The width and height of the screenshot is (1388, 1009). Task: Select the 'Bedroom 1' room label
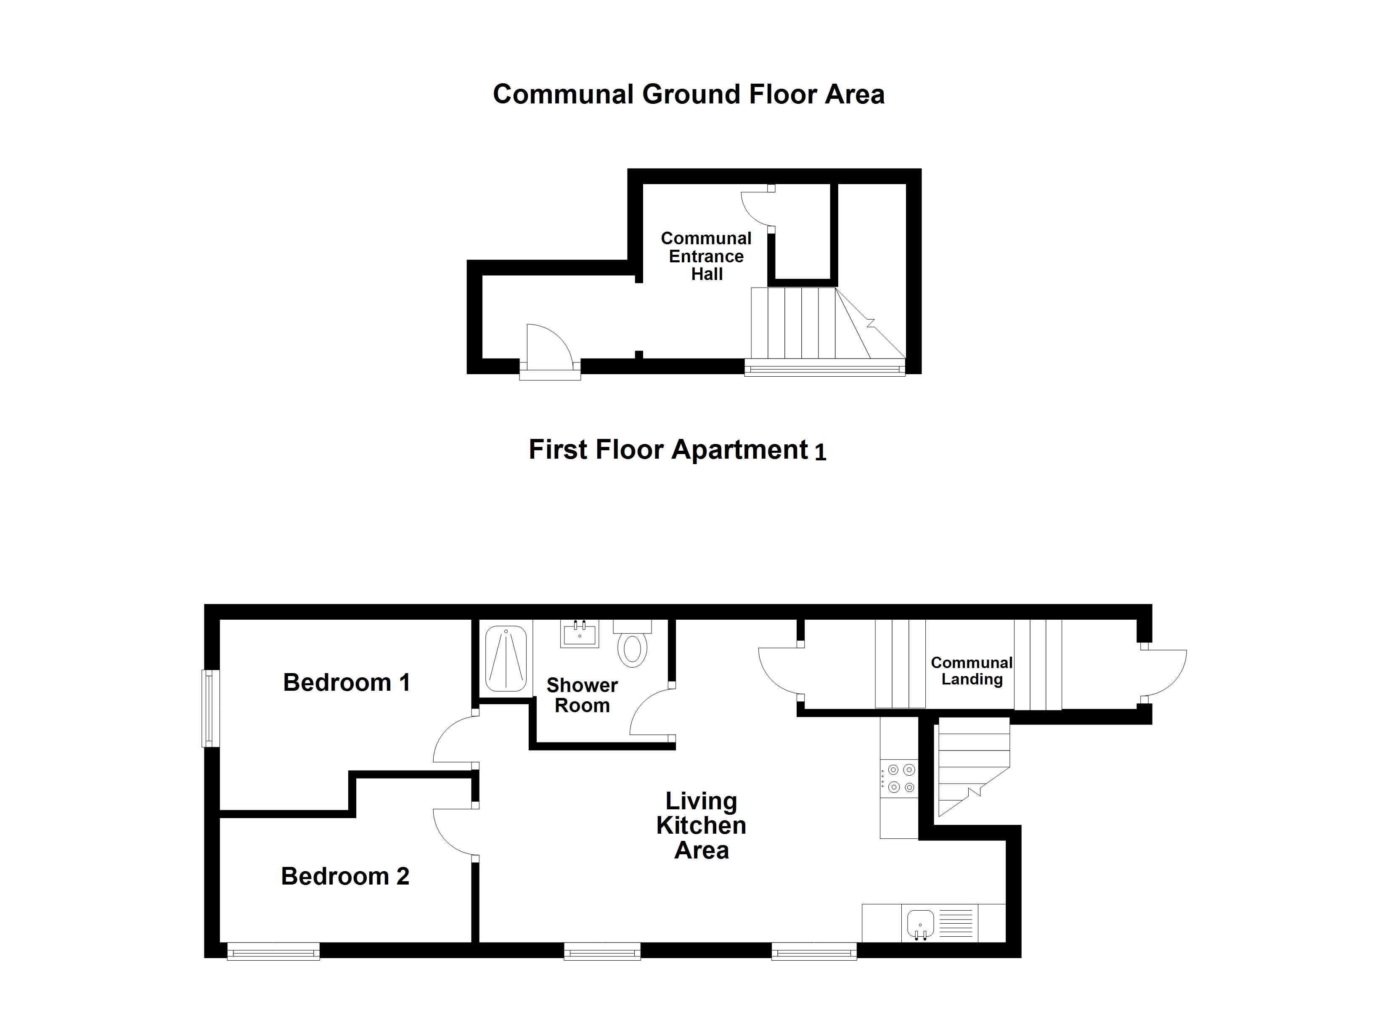pyautogui.click(x=347, y=682)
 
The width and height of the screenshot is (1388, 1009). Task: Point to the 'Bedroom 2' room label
pyautogui.click(x=345, y=876)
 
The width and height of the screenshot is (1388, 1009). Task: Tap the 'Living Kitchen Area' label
pyautogui.click(x=701, y=825)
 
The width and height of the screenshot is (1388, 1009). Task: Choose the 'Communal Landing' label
pyautogui.click(x=971, y=671)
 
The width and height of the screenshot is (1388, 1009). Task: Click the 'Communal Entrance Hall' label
pyautogui.click(x=706, y=256)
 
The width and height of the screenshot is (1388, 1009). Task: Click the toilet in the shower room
pyautogui.click(x=632, y=649)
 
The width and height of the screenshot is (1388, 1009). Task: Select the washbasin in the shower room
pyautogui.click(x=579, y=634)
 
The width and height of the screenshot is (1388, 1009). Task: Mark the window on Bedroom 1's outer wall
pyautogui.click(x=211, y=708)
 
